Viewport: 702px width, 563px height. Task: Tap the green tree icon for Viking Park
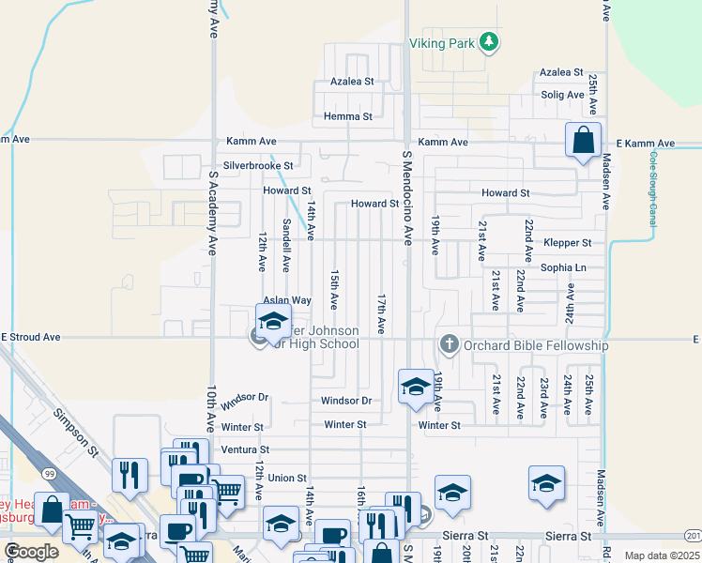tap(488, 42)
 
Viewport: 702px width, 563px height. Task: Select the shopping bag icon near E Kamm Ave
tap(583, 142)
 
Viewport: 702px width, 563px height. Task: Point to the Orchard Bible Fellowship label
tap(534, 345)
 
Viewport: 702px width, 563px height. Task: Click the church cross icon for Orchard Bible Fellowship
tap(449, 344)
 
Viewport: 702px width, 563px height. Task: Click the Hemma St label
tap(347, 117)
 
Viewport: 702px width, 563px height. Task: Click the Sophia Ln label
tap(563, 267)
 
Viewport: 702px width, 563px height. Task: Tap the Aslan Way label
tap(286, 300)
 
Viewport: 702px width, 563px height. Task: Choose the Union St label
tap(287, 478)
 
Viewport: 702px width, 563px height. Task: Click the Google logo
tap(32, 552)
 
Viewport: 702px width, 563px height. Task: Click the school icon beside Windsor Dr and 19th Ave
tap(415, 387)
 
